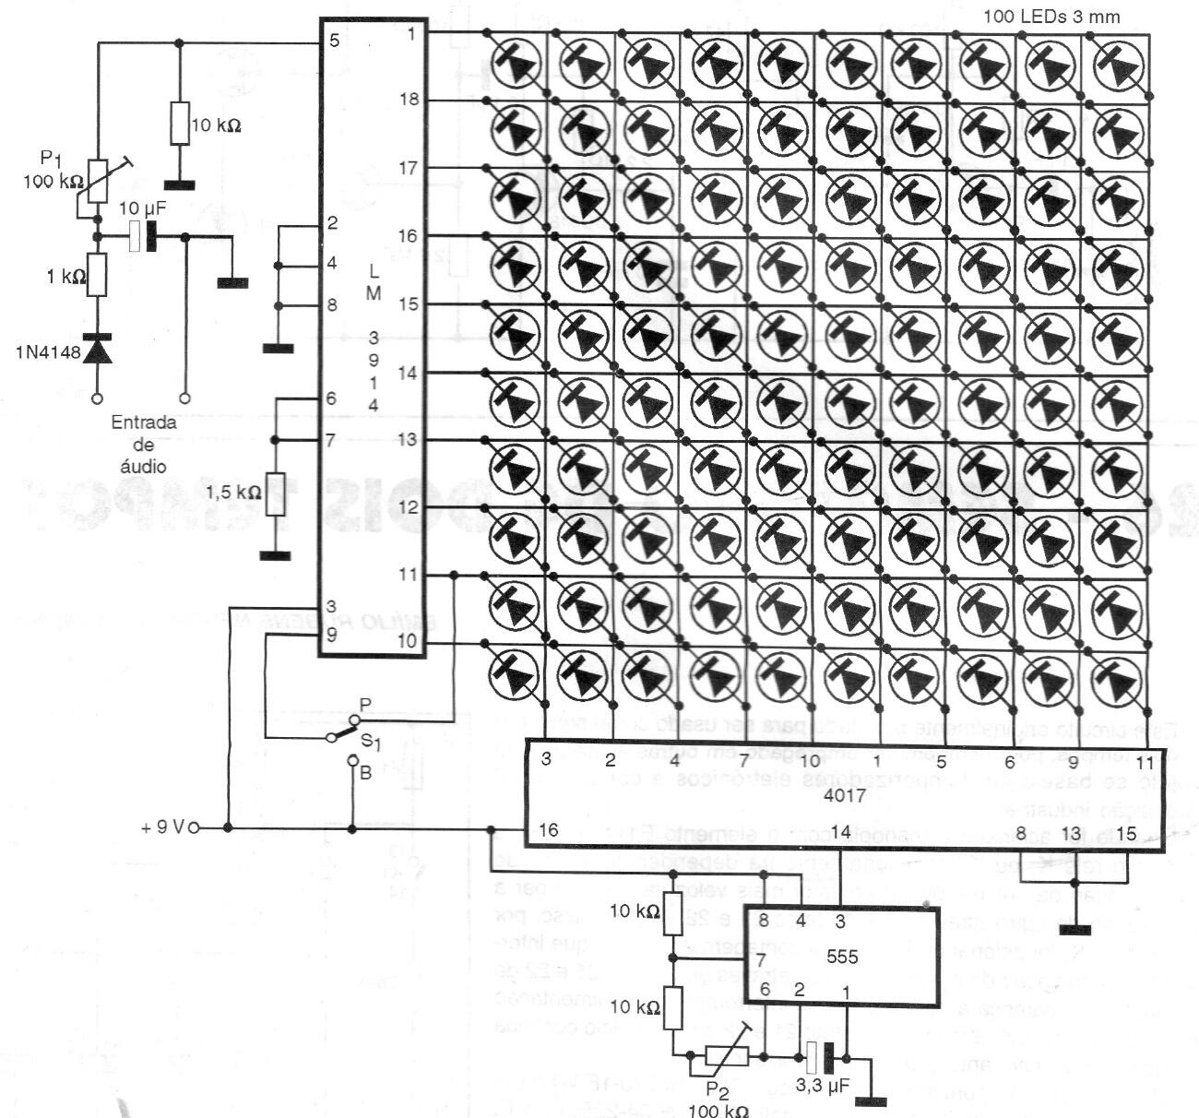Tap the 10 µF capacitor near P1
pos(141,236)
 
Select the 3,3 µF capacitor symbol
pos(819,1056)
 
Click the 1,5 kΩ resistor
pos(275,494)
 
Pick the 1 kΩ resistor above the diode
pos(96,275)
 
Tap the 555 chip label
pos(842,957)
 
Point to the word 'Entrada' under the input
pos(144,422)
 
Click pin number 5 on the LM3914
pos(333,42)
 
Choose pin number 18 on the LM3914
pos(410,99)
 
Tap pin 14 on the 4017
pos(839,830)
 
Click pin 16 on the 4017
pos(548,830)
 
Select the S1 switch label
pos(368,740)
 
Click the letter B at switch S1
pos(366,773)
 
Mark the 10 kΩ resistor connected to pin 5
pos(178,122)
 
